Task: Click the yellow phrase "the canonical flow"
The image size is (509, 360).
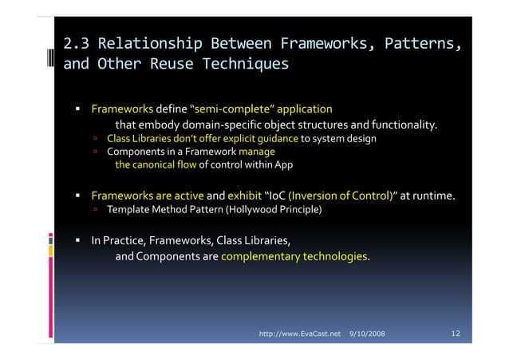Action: [x=156, y=164]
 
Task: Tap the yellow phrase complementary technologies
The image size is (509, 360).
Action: [x=294, y=257]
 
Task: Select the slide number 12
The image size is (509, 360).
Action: [x=456, y=331]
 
